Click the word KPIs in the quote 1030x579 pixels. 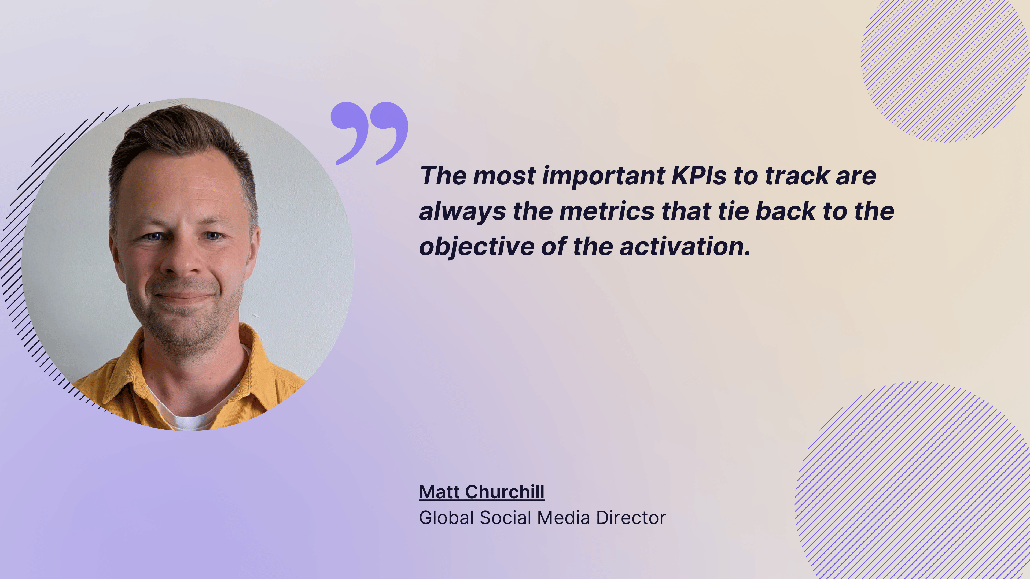tap(698, 176)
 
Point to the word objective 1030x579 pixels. tap(477, 247)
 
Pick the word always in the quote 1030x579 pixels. tap(462, 212)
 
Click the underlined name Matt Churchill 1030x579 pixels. tap(481, 492)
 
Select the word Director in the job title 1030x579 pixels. tap(631, 518)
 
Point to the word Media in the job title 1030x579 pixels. tap(563, 518)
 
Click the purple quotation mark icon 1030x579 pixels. tap(369, 132)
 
